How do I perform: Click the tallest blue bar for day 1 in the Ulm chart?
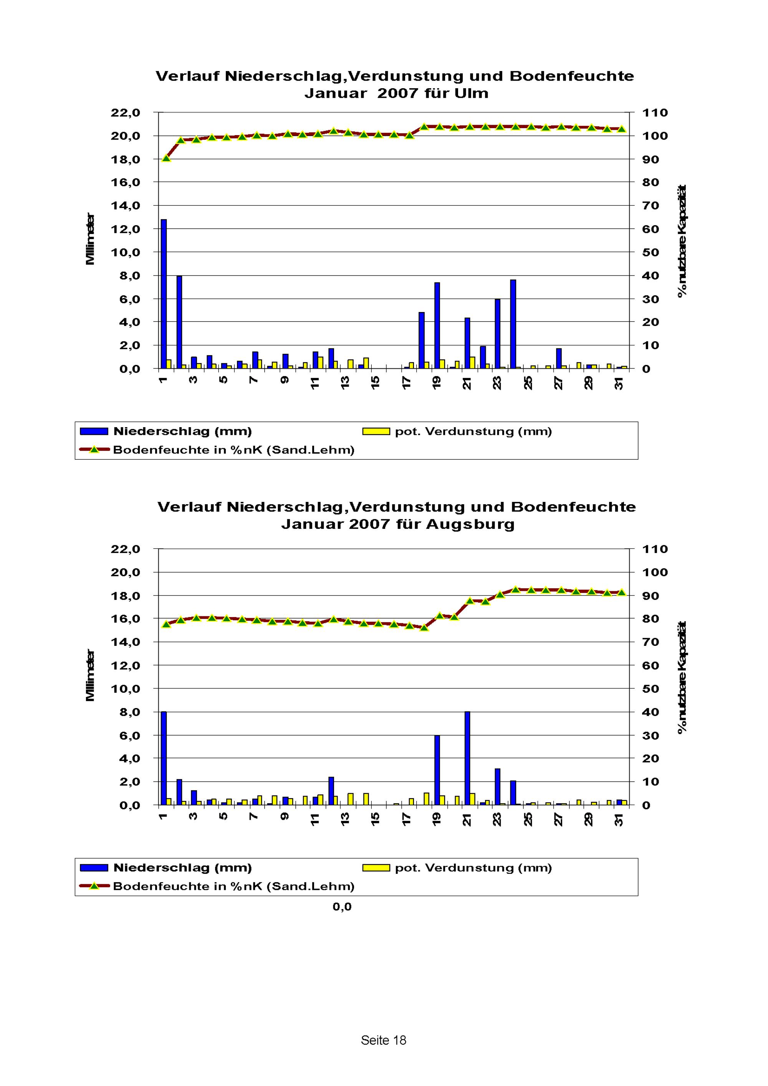164,294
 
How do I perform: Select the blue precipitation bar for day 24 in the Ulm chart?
513,324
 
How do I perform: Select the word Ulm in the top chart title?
471,93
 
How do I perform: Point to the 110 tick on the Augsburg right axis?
655,549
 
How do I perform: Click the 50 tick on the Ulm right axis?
650,252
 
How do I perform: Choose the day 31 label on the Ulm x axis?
619,382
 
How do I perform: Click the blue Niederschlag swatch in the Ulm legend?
94,431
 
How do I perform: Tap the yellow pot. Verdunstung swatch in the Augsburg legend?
376,868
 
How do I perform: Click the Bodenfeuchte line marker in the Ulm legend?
94,449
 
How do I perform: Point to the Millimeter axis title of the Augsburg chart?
90,675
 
